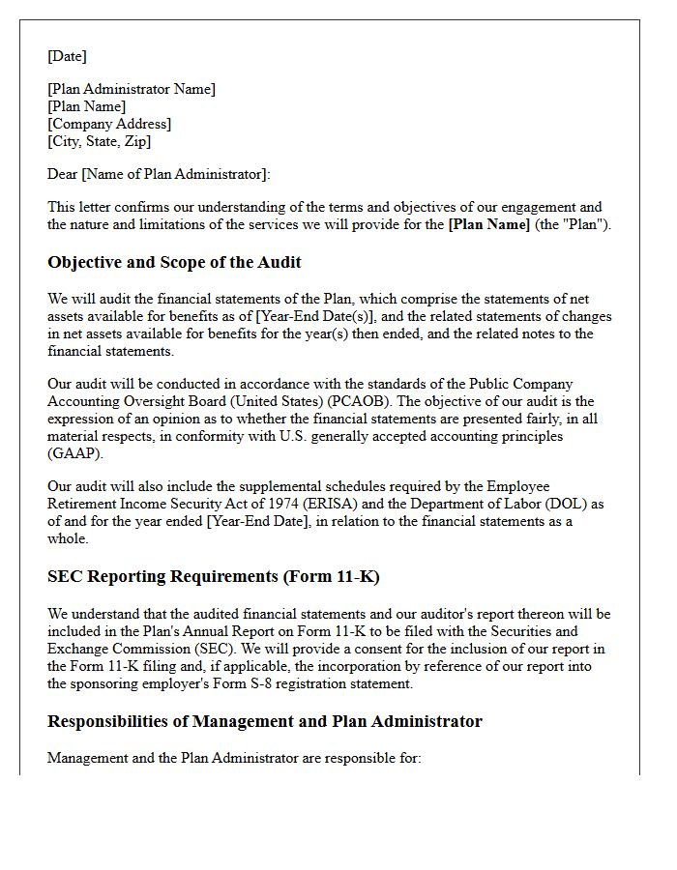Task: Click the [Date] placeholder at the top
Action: coord(67,56)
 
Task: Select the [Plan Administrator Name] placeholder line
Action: coord(132,89)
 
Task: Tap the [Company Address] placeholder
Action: coord(109,124)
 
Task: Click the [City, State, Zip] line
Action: coord(100,141)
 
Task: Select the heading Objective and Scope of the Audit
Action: coord(174,262)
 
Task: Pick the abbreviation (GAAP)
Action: coord(75,453)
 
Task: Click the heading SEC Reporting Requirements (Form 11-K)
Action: coord(213,576)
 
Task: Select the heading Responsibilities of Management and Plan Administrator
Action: coord(264,721)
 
